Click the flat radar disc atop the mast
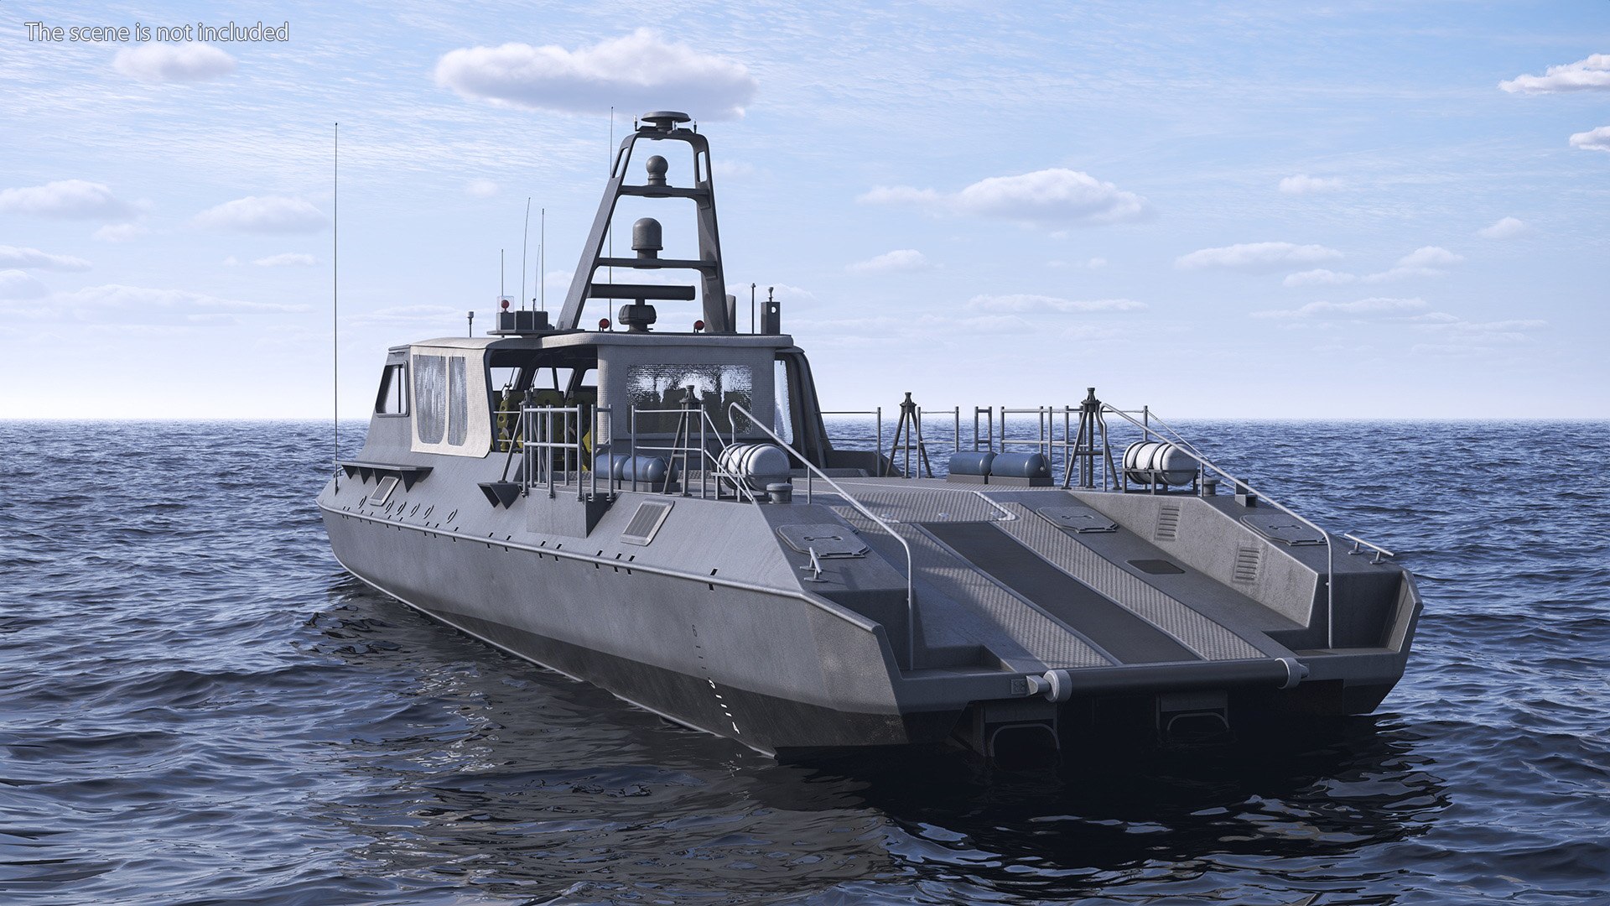coord(666,118)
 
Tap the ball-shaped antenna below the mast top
coord(657,167)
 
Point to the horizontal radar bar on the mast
coord(642,292)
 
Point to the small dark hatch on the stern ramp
coord(1155,566)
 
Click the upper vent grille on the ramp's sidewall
coord(1166,522)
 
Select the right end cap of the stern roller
coord(1292,672)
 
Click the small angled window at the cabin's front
coord(392,389)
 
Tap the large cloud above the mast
coord(595,74)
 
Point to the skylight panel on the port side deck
coord(646,521)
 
